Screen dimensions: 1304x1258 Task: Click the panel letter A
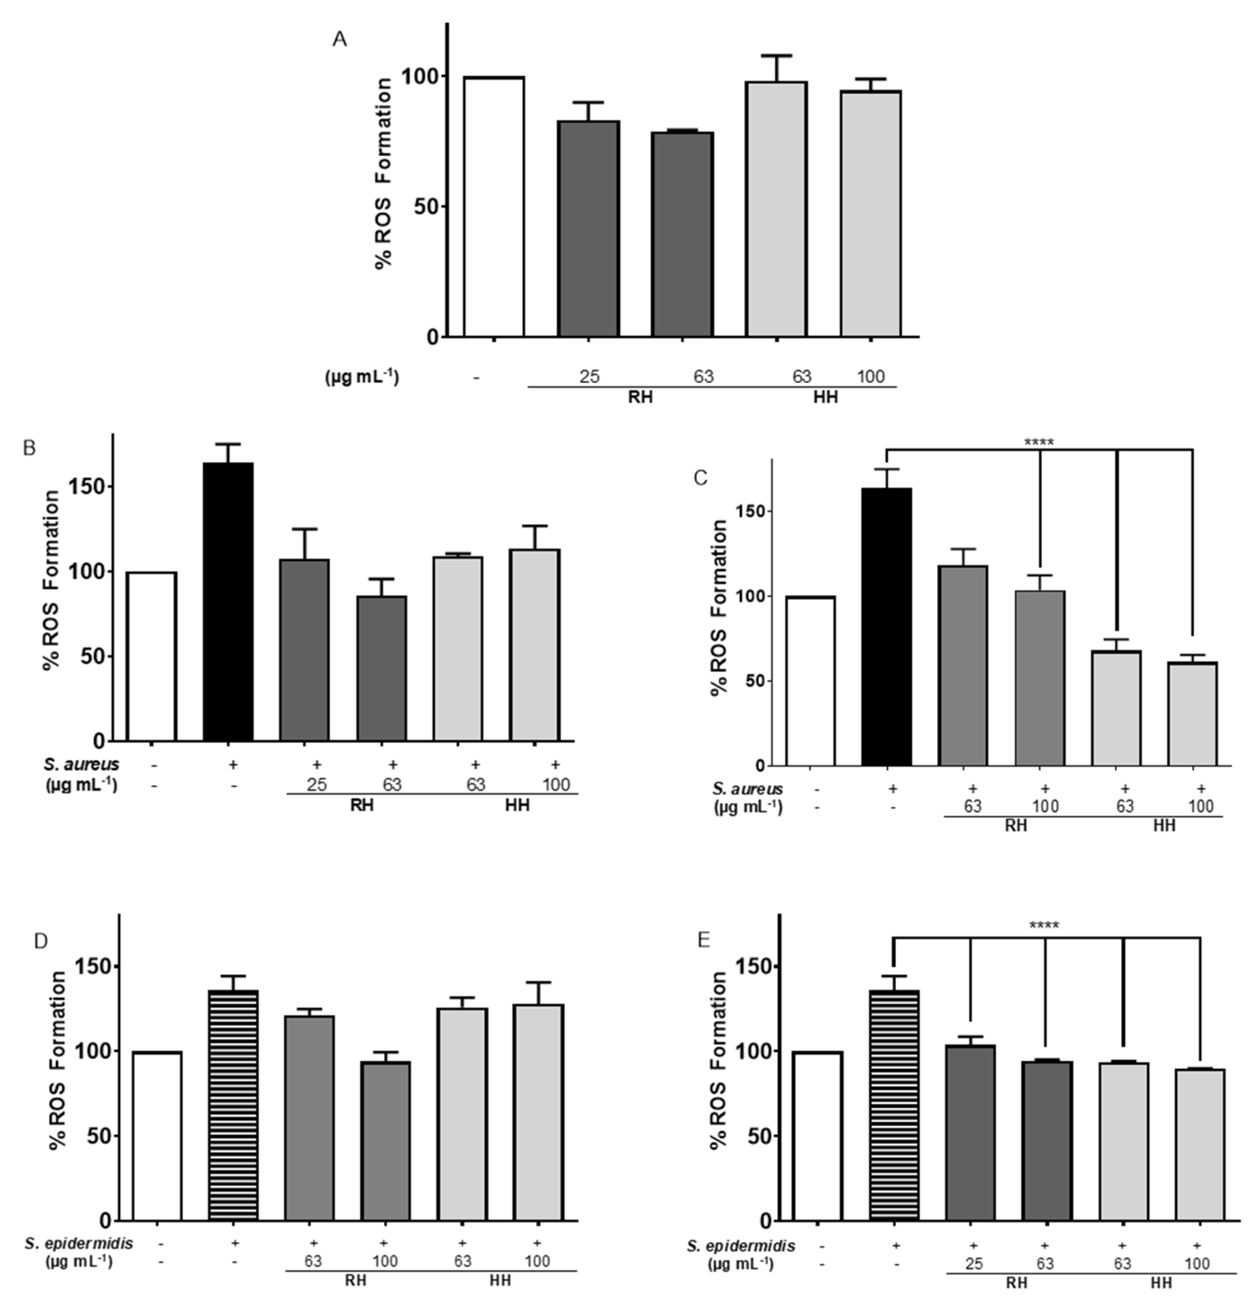pyautogui.click(x=340, y=40)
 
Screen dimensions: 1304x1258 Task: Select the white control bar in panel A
pyautogui.click(x=494, y=206)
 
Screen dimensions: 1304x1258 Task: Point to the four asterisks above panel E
pyautogui.click(x=1044, y=925)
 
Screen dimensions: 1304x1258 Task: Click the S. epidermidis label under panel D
pyautogui.click(x=79, y=1243)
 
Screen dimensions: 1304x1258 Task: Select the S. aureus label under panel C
pyautogui.click(x=748, y=789)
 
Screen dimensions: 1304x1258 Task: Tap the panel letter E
pyautogui.click(x=703, y=939)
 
